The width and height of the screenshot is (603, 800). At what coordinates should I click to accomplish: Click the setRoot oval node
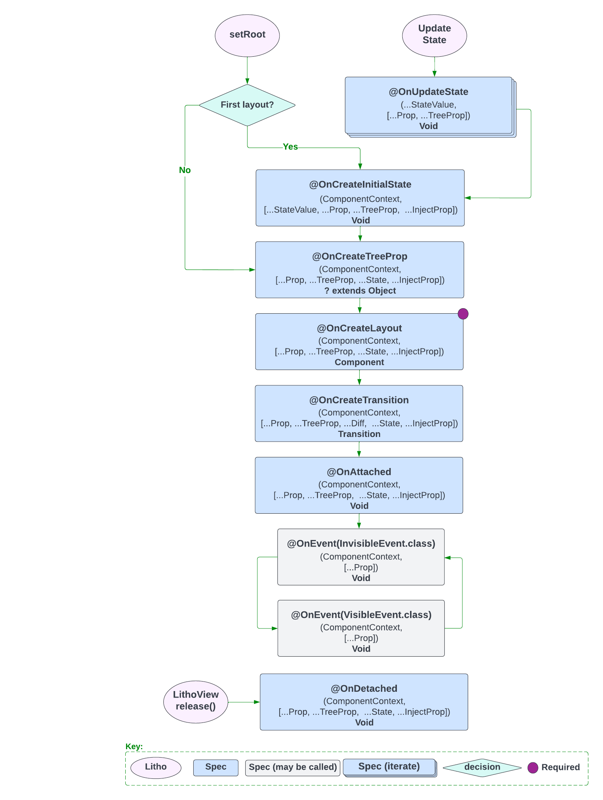247,35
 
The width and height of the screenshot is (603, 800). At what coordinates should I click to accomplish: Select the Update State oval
434,35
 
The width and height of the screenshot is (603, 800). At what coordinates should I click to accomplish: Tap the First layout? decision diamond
247,105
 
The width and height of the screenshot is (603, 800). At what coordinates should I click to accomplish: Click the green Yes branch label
290,147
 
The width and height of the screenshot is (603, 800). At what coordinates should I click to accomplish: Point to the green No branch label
185,170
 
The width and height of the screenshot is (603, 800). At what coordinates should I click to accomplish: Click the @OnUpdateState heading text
428,92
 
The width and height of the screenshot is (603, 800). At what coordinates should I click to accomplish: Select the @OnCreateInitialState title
360,184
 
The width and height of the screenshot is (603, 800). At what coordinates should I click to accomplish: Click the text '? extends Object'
360,291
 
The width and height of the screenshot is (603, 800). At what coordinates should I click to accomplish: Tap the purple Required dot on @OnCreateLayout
463,314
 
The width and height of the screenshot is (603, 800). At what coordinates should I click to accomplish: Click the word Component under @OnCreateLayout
359,362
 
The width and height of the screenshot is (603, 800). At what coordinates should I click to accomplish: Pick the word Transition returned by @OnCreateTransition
359,434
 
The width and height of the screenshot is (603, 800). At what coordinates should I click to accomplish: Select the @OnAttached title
359,472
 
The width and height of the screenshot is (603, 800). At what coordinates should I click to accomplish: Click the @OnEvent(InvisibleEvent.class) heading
361,544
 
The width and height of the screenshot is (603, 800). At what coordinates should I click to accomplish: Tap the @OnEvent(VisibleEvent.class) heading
361,615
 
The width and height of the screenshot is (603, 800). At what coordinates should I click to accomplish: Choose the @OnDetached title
364,688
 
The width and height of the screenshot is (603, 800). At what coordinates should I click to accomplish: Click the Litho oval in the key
156,767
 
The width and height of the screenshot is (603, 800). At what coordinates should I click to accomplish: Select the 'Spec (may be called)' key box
293,767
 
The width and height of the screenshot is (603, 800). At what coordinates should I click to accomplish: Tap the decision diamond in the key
482,767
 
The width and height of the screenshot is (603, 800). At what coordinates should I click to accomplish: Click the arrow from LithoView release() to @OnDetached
244,702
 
